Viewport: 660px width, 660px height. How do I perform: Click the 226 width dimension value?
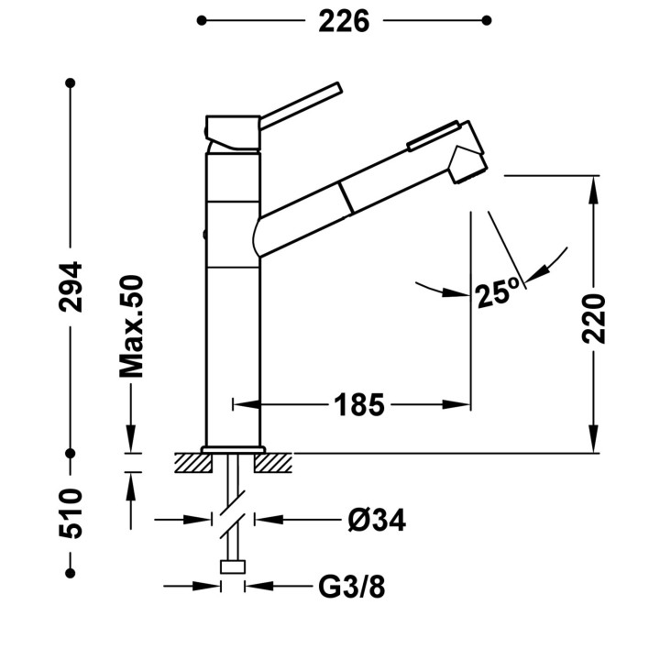tap(344, 21)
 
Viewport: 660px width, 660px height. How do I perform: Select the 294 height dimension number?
tap(71, 287)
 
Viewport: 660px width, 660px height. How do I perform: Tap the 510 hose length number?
tap(71, 513)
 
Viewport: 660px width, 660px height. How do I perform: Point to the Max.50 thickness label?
tap(131, 326)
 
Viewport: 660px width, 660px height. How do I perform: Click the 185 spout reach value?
tap(359, 405)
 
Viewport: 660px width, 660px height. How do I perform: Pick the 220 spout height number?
tap(594, 319)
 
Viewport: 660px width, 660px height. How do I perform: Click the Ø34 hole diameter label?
tap(377, 521)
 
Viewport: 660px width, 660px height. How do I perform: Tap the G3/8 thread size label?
tap(351, 587)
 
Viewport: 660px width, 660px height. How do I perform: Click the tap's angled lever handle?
tap(301, 105)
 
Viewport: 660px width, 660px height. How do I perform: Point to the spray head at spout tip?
tap(467, 162)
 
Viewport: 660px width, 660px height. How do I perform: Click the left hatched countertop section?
tap(193, 463)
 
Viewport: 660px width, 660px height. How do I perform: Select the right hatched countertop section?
tap(273, 463)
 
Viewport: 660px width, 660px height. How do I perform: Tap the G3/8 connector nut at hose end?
tap(233, 566)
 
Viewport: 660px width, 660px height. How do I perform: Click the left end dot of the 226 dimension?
tap(202, 20)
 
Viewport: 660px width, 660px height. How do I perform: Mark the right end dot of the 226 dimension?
tap(487, 20)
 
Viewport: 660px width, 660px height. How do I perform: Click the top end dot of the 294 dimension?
tap(71, 82)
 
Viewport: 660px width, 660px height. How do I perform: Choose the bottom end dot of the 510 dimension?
tap(71, 573)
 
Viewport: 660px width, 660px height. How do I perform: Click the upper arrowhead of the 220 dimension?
tap(594, 190)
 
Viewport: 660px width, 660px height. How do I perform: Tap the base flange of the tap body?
tap(233, 449)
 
